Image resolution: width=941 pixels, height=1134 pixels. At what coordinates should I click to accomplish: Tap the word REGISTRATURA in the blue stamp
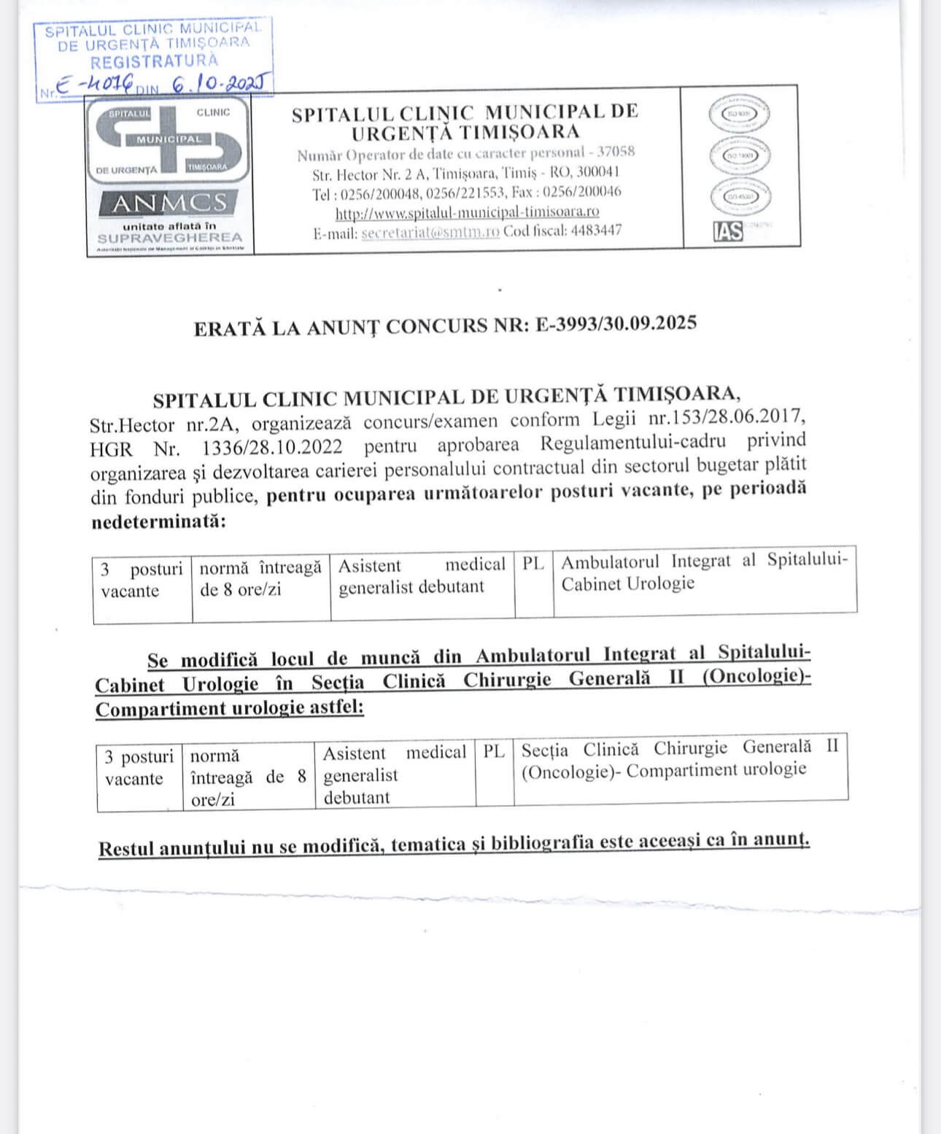pos(154,61)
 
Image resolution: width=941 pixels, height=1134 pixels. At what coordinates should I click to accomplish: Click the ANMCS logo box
pos(169,203)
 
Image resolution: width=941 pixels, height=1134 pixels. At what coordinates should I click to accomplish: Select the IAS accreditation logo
pos(727,231)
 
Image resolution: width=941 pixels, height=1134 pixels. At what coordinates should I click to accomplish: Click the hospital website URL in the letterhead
pos(467,212)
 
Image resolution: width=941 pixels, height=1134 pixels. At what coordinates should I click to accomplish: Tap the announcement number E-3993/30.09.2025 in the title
pos(616,324)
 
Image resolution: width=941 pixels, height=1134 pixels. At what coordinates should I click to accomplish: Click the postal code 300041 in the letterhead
pos(597,173)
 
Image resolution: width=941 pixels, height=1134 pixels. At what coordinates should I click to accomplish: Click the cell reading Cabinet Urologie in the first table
pos(627,584)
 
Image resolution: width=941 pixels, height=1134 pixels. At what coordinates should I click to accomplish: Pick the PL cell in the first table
pos(533,564)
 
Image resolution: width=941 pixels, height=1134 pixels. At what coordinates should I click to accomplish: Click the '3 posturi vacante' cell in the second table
pos(139,768)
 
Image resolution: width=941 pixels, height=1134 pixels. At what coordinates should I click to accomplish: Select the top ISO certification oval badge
pos(739,114)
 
